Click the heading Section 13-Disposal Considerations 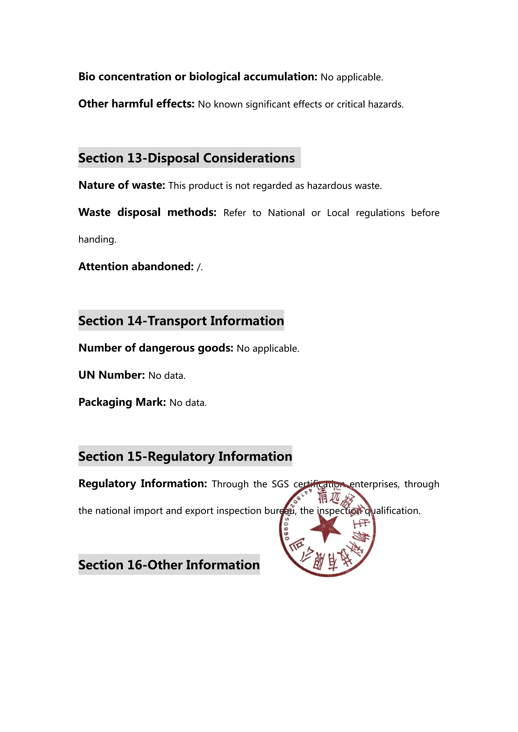(187, 158)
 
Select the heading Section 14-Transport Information (181, 321)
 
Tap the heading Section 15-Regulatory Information (185, 456)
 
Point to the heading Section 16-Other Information (169, 565)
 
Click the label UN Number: (112, 375)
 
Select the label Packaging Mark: (122, 402)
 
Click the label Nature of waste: (122, 185)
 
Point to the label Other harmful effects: (136, 104)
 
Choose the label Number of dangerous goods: (156, 348)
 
